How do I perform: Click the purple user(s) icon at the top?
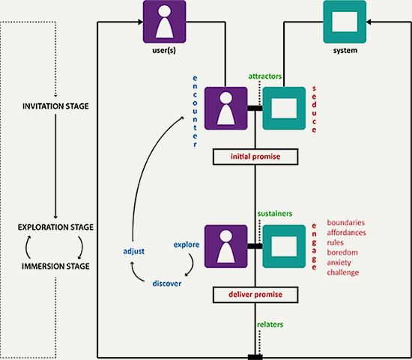165,22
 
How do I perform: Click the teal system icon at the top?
345,22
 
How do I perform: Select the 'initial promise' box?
255,156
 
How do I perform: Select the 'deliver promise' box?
255,295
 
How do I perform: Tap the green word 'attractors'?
265,76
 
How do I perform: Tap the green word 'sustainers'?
275,214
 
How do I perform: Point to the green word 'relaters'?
270,325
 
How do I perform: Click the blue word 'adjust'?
134,251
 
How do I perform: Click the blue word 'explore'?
187,245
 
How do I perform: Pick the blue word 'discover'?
167,284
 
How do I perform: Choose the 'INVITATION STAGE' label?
55,106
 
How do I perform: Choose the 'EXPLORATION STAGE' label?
55,227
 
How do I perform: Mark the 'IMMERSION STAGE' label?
55,266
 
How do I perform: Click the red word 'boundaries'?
346,223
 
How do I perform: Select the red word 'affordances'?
346,233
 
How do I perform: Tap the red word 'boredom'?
342,253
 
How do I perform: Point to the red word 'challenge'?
343,272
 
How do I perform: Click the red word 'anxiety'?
339,263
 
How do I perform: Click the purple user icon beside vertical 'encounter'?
226,109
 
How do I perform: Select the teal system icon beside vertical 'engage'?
284,246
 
